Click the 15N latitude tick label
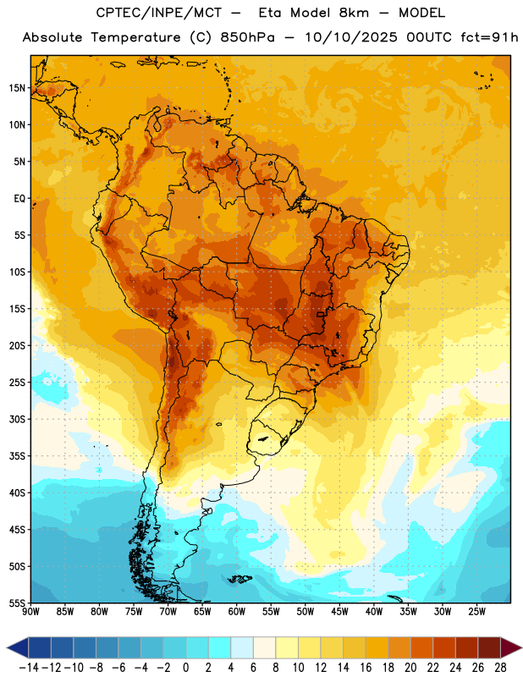tap(17, 88)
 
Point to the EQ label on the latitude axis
tap(19, 199)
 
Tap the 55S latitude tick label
tap(17, 603)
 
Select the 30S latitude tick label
tap(17, 419)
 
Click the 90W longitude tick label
tap(30, 612)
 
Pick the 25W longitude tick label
tap(476, 612)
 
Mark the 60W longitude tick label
tap(237, 612)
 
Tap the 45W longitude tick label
tap(340, 612)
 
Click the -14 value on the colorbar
tap(29, 668)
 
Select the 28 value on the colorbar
tap(500, 668)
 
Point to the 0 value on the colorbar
tap(185, 668)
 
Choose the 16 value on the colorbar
tap(366, 668)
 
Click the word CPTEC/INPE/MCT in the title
tap(159, 13)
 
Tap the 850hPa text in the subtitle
tap(247, 37)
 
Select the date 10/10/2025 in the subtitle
tap(351, 37)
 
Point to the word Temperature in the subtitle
tap(135, 37)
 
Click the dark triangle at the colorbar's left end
tap(17, 648)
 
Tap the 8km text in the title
tap(354, 13)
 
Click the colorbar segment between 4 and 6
tap(242, 648)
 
